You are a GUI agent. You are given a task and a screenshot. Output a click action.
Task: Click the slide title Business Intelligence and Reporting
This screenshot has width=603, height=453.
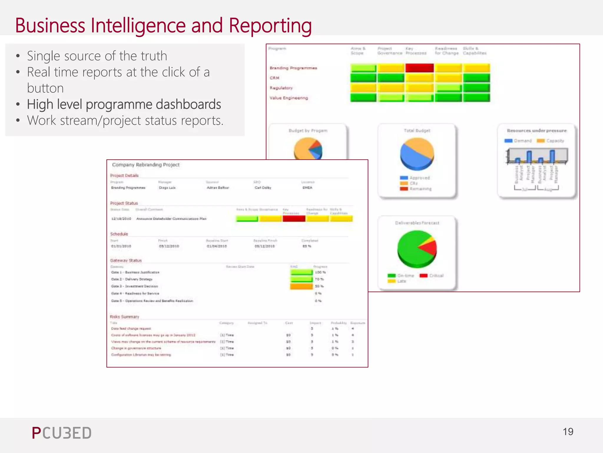tap(163, 26)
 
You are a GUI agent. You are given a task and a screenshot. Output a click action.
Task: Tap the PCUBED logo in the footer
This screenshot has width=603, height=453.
tap(62, 433)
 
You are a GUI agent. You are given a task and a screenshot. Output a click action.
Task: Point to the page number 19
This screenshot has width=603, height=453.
tap(568, 432)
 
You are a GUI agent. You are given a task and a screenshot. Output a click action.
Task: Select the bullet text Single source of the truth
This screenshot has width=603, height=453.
tap(97, 56)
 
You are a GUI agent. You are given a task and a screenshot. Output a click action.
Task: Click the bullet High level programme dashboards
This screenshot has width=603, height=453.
tap(124, 104)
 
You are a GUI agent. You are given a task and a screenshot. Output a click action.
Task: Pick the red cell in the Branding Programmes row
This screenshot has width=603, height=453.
tap(419, 68)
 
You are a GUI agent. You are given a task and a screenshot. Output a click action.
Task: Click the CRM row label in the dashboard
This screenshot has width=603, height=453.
tap(274, 78)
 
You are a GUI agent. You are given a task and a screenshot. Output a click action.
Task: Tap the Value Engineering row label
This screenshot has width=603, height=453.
tap(289, 98)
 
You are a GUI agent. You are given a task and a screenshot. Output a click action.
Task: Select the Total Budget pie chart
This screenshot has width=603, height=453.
tap(417, 154)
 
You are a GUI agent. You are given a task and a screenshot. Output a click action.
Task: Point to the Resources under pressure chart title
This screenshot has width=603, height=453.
tap(536, 131)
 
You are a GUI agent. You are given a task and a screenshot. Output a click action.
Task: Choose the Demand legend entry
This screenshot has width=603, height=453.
tap(518, 141)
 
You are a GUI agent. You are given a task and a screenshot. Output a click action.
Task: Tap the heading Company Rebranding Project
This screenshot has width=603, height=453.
tap(146, 165)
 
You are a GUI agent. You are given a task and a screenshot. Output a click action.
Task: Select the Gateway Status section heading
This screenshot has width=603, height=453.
tap(126, 261)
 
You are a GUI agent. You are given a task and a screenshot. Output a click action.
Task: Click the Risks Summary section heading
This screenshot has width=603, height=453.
tap(124, 317)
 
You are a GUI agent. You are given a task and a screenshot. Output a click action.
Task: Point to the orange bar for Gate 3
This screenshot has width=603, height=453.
tap(301, 286)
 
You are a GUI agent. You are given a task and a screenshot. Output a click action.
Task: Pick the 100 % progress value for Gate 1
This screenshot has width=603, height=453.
tap(320, 272)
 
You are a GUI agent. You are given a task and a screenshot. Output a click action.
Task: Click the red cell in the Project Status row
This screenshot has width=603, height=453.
tap(294, 219)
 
